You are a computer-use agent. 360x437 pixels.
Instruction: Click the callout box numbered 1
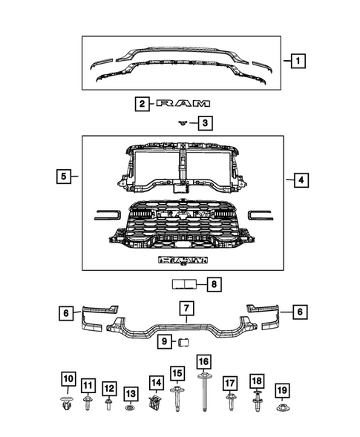pyautogui.click(x=298, y=61)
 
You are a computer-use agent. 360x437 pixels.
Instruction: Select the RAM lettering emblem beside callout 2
pyautogui.click(x=183, y=104)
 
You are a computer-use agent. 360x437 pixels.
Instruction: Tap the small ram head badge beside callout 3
pyautogui.click(x=183, y=123)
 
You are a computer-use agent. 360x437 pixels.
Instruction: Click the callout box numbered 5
pyautogui.click(x=64, y=176)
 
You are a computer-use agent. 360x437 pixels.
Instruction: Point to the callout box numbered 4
pyautogui.click(x=301, y=180)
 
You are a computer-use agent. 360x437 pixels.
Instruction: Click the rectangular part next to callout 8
pyautogui.click(x=184, y=284)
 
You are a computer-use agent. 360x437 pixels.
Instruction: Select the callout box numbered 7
pyautogui.click(x=186, y=308)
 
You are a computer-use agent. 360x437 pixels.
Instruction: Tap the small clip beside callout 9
pyautogui.click(x=183, y=342)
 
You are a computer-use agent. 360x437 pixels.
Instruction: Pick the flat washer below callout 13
pyautogui.click(x=130, y=408)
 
